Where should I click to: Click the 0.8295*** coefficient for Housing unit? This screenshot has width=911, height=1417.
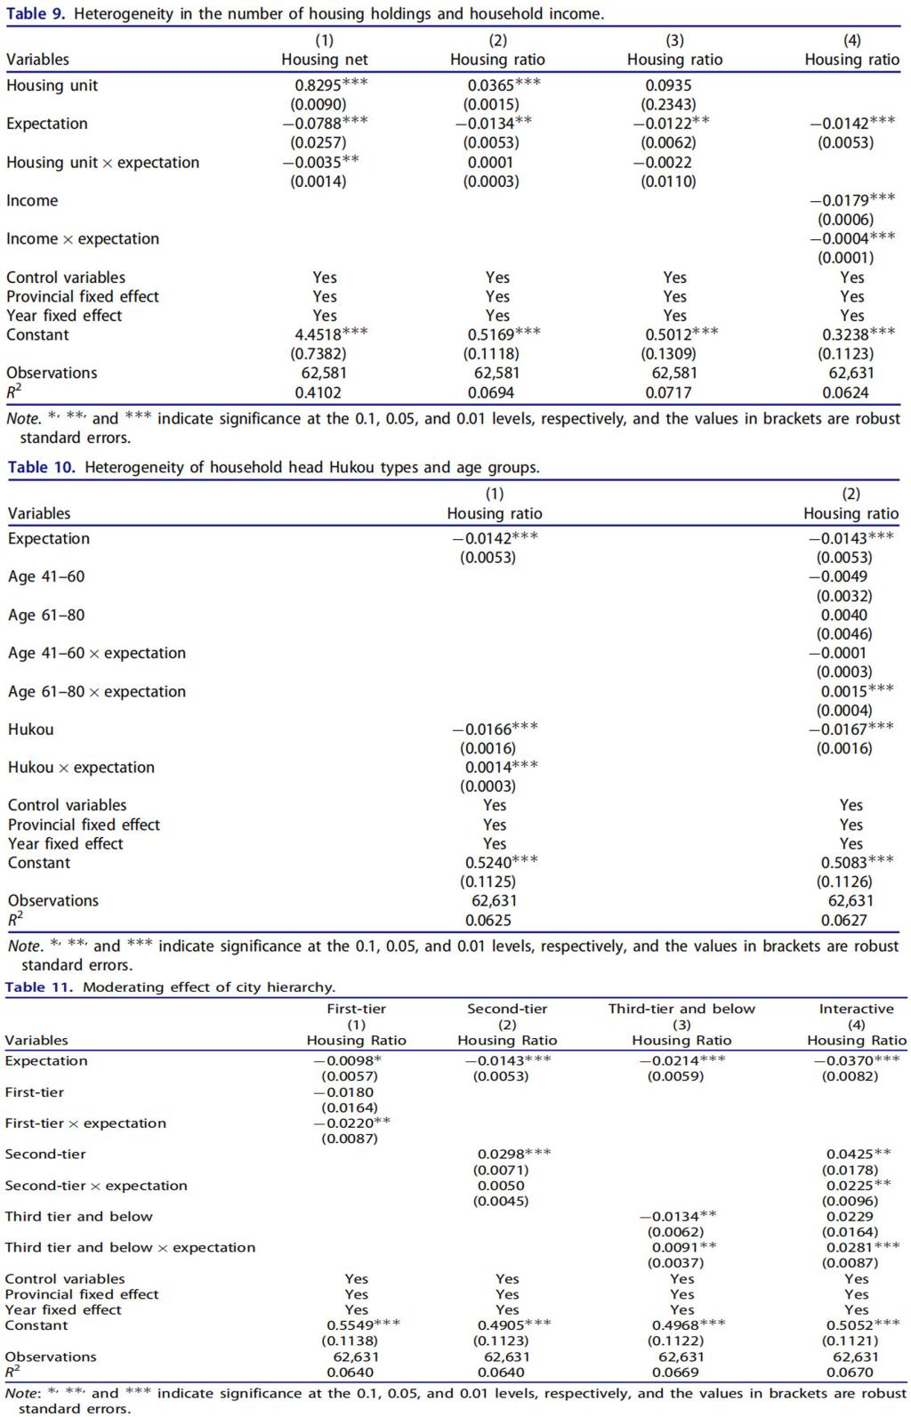point(330,85)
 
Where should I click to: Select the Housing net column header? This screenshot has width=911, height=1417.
point(324,60)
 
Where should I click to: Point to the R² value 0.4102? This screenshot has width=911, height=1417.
point(318,392)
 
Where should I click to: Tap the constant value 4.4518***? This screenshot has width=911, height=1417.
point(330,334)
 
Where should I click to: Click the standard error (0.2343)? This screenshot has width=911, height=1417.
point(668,105)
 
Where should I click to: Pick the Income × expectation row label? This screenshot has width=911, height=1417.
point(83,239)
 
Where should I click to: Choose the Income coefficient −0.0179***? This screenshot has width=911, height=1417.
point(851,200)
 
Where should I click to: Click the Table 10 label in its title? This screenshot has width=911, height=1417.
point(41,467)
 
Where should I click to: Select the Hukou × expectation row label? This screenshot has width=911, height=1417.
point(81,768)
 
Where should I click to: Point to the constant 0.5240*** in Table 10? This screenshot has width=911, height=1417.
point(501,863)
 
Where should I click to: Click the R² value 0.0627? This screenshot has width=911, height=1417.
point(844,921)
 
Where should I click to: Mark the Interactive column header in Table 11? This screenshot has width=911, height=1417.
point(856,1009)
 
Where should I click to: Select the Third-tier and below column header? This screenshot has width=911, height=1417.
point(681,1009)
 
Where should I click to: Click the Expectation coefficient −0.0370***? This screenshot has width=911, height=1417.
point(856,1060)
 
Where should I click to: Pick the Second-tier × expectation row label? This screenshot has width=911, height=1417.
point(96,1186)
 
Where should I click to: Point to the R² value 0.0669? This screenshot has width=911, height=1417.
point(681,1373)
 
